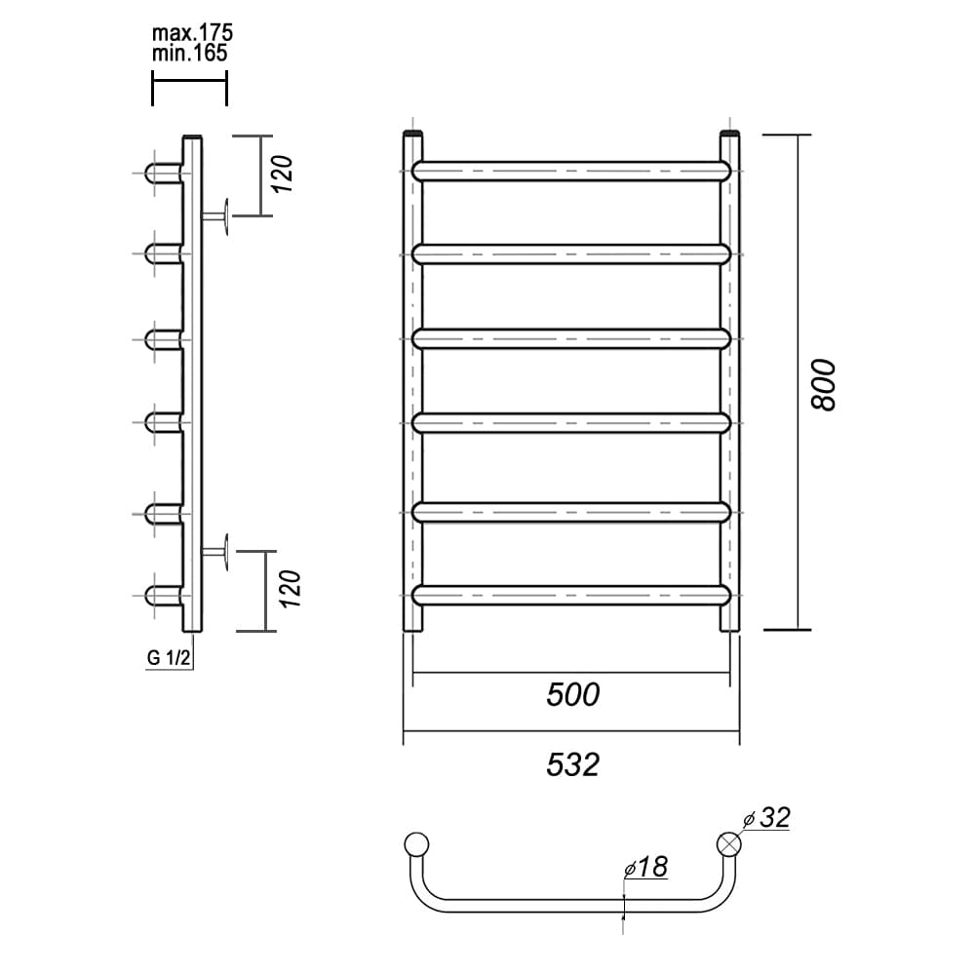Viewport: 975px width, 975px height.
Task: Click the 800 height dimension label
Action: (x=824, y=384)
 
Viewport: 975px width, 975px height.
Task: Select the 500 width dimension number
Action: (x=572, y=694)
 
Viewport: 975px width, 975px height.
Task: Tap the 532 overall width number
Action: (x=572, y=764)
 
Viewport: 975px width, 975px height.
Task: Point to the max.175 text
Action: (x=192, y=32)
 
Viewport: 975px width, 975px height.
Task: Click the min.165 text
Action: (x=190, y=53)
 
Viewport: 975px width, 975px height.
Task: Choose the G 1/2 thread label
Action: (x=169, y=657)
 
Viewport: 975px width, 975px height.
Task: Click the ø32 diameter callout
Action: (x=766, y=818)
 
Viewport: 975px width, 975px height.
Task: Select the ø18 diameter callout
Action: (x=645, y=867)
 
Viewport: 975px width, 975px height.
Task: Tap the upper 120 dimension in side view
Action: (x=283, y=175)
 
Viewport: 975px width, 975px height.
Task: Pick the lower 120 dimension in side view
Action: (x=291, y=589)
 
